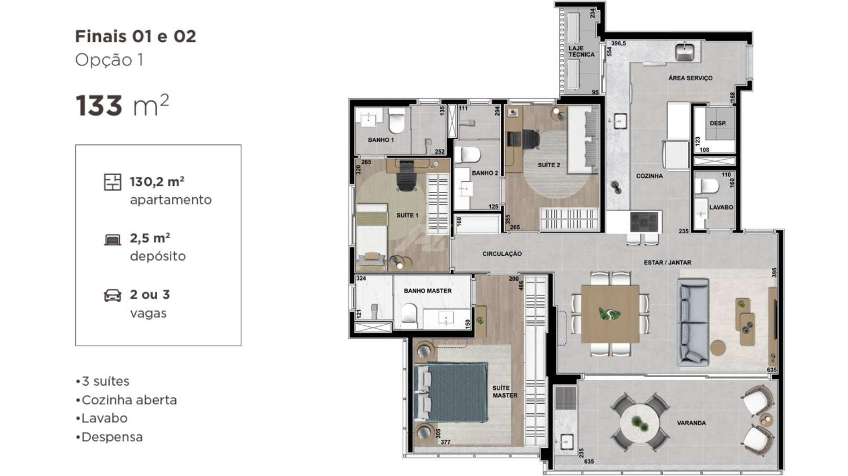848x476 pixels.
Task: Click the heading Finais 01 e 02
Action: pos(136,37)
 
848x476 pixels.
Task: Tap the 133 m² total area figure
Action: pos(122,105)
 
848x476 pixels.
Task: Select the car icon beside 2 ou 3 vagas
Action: pos(113,296)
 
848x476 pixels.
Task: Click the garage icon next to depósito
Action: pos(113,240)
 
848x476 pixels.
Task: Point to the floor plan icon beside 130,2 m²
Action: pos(113,182)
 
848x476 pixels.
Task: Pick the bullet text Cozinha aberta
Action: pos(129,400)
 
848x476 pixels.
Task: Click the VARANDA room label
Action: pos(691,423)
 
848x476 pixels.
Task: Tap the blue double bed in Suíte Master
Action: pos(451,392)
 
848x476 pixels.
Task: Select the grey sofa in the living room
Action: pos(693,322)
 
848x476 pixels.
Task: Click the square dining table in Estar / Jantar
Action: pos(610,314)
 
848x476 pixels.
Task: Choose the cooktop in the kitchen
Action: pos(644,221)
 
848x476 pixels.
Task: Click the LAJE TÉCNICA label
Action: pos(582,51)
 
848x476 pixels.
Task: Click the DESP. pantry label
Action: pos(718,123)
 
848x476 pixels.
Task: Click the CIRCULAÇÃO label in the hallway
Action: pos(502,254)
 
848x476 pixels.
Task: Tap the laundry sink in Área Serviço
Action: pos(685,52)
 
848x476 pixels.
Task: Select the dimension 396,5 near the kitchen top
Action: pos(618,43)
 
